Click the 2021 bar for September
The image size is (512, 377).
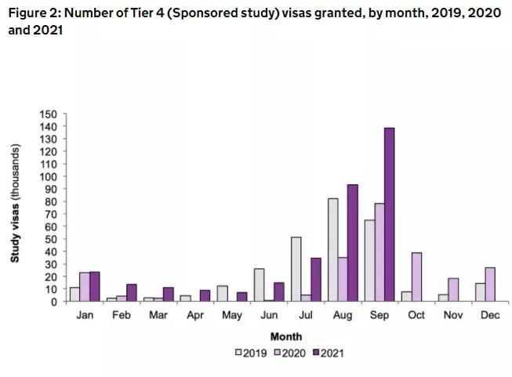click(389, 214)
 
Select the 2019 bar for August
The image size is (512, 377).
click(333, 249)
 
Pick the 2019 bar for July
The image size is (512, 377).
click(296, 269)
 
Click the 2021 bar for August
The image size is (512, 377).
click(352, 242)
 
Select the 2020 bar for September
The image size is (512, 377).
click(379, 252)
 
